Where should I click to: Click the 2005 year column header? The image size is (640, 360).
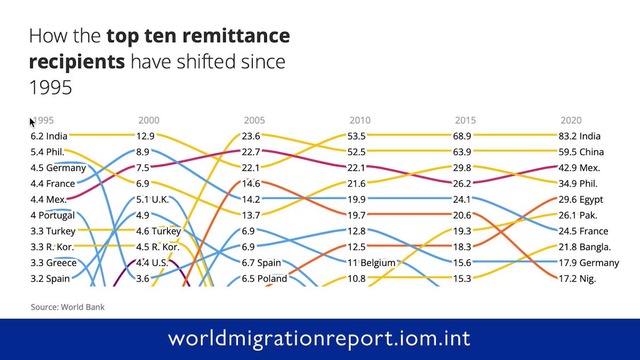[x=254, y=121]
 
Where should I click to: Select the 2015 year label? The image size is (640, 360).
[x=465, y=121]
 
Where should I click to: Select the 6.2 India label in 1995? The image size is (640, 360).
[x=49, y=136]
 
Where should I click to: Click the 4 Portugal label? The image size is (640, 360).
[x=53, y=215]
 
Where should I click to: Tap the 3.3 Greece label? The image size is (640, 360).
[x=53, y=263]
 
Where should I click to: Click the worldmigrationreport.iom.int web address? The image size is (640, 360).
[x=319, y=339]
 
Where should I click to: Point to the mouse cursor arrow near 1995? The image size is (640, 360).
[x=32, y=122]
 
